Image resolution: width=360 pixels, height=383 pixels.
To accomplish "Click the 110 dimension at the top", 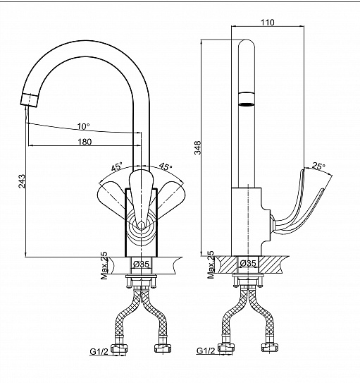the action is pos(268,23).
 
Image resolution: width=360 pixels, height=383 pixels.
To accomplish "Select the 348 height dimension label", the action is pos(197,147).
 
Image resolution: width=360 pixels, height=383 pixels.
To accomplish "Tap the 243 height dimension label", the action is pos(22,181).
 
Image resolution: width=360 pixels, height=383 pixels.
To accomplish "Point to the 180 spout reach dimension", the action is pos(85,142).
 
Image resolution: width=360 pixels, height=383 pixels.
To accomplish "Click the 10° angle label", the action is pos(83,126).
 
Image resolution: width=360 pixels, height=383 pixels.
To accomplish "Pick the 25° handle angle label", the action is pos(318,166).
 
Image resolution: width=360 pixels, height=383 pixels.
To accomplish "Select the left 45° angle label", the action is pos(116,167).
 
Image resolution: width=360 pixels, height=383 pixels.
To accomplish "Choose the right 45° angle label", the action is pos(166,166).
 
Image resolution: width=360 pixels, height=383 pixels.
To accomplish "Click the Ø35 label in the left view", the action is pos(142,264).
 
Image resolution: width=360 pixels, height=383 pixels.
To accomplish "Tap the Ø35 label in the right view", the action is pos(248,263).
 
